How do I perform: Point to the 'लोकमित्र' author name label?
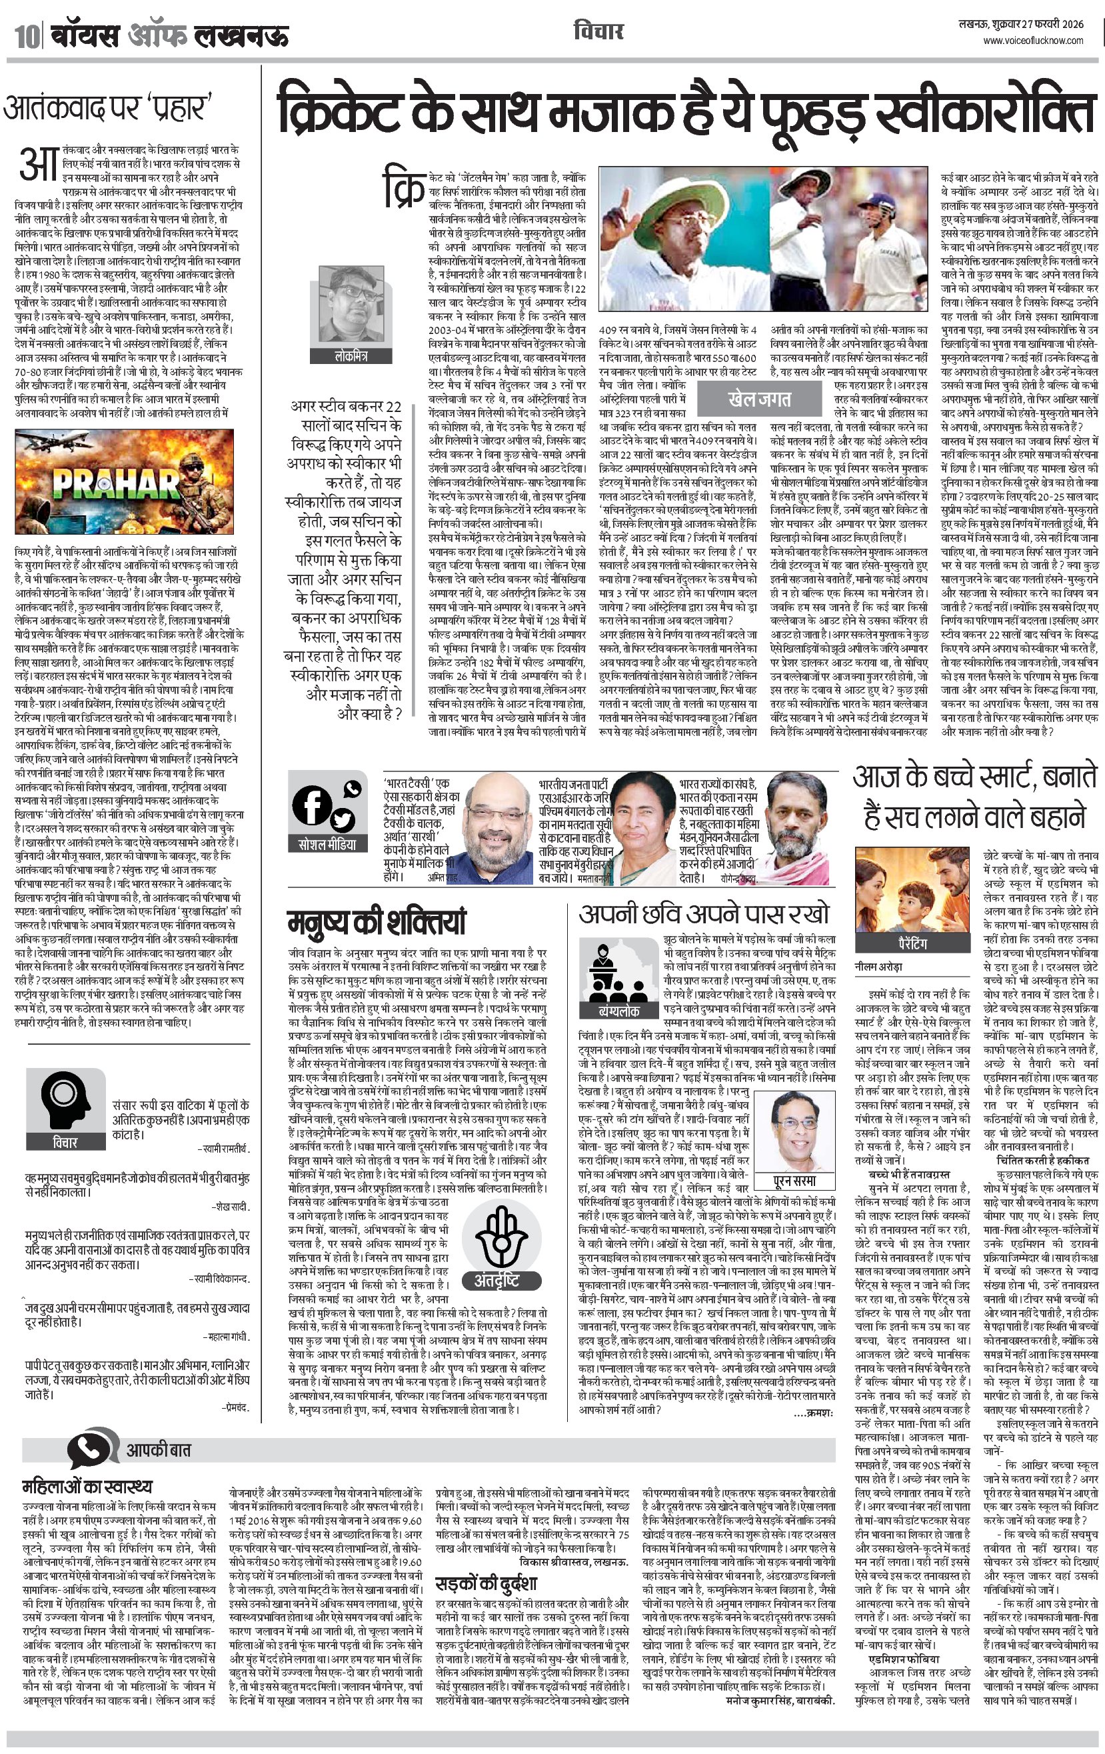tap(351, 356)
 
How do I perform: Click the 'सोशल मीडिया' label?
tap(327, 844)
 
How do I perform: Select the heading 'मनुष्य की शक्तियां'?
tap(376, 922)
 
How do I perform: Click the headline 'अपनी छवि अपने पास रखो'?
tap(704, 914)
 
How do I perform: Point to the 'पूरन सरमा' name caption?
tap(794, 1181)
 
